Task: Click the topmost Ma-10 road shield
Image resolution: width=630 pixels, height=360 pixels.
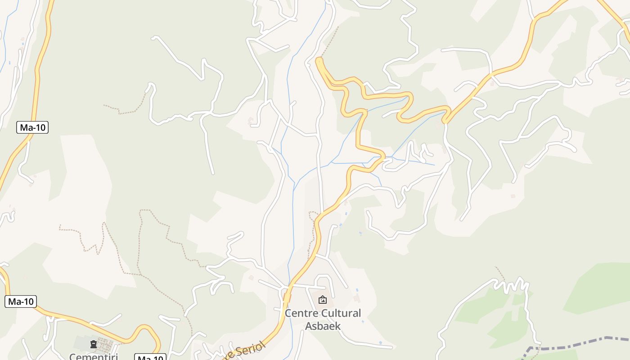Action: (32, 127)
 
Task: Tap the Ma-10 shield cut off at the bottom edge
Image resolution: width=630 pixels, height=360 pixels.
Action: (150, 357)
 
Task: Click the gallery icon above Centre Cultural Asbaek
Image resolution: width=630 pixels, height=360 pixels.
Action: (322, 300)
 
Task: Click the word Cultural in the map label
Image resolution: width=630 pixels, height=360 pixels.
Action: (342, 313)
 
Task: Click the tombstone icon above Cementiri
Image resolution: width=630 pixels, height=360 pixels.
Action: (94, 345)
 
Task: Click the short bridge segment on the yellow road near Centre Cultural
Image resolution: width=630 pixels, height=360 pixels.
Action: (287, 297)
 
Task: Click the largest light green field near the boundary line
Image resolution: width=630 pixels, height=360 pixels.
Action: (598, 288)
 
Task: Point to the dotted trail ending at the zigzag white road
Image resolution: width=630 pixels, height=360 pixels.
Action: (499, 273)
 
